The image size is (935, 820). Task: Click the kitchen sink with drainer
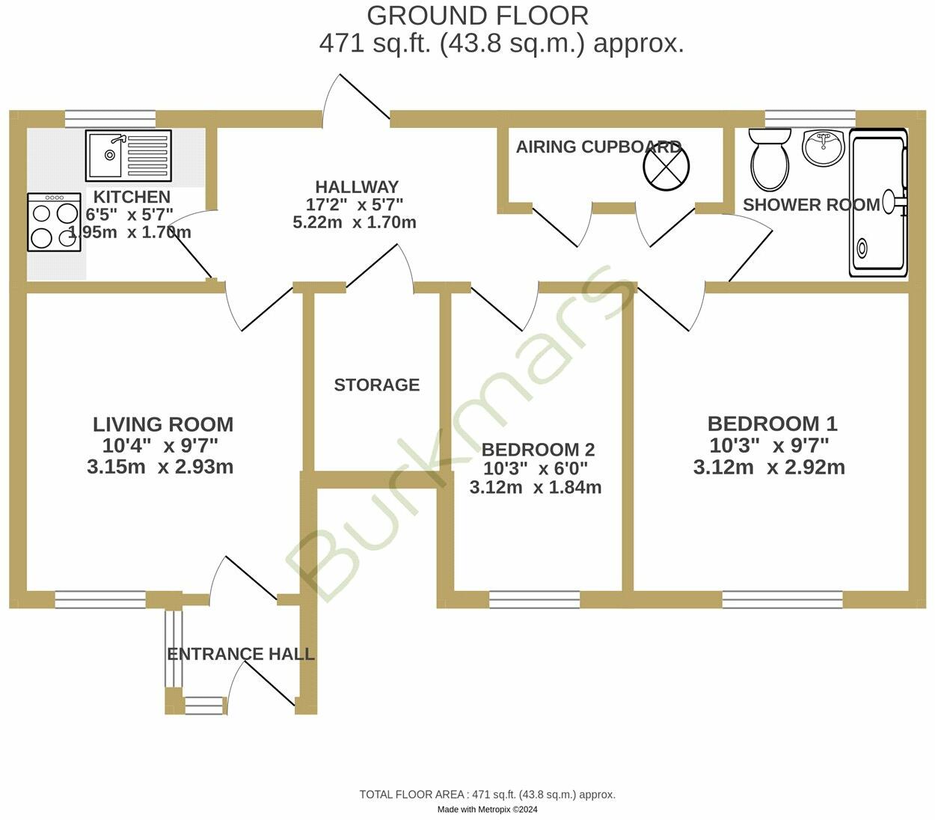[128, 156]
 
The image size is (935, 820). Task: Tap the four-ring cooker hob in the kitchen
[55, 222]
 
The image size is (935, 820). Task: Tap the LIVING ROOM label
[163, 424]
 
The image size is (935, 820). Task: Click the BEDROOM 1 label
[772, 423]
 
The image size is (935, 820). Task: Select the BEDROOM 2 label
[538, 450]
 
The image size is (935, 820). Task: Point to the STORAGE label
[376, 385]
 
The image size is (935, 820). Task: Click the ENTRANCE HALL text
[240, 654]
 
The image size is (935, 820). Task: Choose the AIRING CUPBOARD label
[598, 147]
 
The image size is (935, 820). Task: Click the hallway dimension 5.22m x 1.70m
[355, 222]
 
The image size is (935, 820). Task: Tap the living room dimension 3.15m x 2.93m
[160, 467]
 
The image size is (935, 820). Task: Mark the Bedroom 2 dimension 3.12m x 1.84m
[536, 488]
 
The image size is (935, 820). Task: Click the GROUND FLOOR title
[477, 15]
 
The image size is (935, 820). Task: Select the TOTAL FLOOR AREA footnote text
[487, 795]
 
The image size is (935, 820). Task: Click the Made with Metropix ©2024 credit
[487, 810]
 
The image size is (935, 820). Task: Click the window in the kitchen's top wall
[110, 118]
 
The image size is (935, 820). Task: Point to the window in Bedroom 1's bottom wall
[782, 599]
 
